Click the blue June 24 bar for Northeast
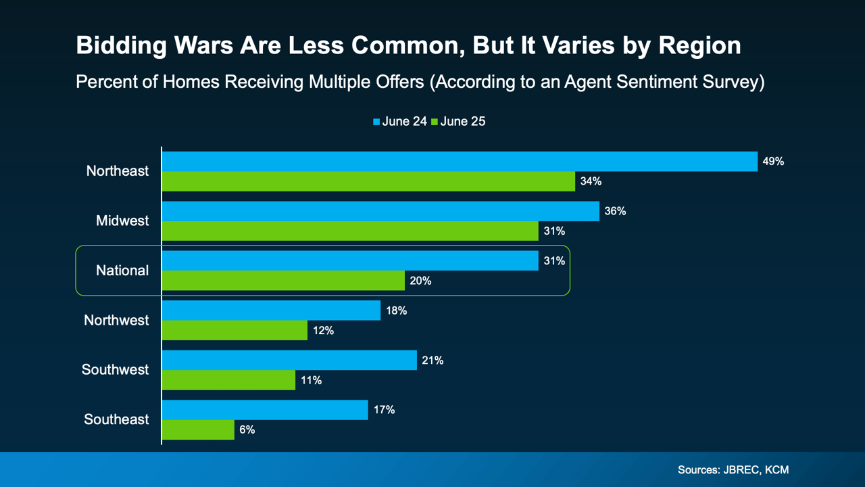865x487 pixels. coord(460,162)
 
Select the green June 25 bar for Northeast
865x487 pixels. coord(368,181)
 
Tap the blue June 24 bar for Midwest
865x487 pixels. coord(380,211)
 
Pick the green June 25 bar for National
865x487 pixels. coord(283,281)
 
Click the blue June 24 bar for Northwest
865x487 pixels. coord(271,310)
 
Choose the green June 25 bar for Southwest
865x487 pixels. coord(228,380)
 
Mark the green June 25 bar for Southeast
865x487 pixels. coord(198,430)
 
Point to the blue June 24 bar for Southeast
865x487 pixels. coord(265,410)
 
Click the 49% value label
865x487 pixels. coord(773,162)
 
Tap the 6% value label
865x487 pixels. coord(247,430)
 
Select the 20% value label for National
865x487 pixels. coord(420,281)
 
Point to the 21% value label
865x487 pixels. coord(432,361)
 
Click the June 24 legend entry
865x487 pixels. coord(399,122)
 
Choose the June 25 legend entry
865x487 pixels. coord(459,122)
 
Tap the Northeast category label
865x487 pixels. coord(118,171)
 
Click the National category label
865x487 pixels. coord(122,271)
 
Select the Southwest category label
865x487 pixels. coord(116,370)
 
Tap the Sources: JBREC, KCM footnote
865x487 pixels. coord(733,469)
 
